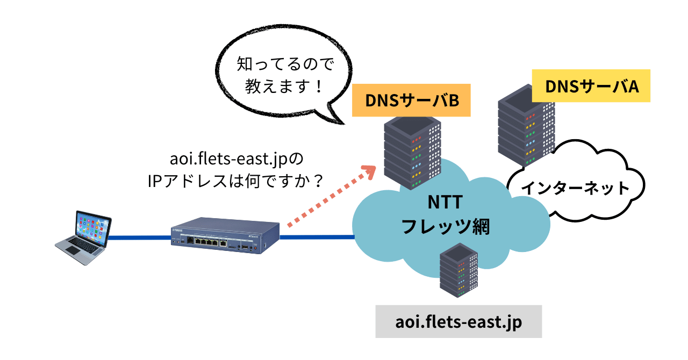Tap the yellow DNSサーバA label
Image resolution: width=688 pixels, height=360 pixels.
click(591, 86)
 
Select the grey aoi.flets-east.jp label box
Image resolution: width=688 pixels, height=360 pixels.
click(458, 322)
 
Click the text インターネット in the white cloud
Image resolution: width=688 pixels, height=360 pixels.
click(576, 188)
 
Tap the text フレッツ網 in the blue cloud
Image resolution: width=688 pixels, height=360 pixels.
click(446, 226)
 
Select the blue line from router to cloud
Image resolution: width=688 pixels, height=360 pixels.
click(317, 236)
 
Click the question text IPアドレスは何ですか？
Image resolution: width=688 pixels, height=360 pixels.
click(236, 182)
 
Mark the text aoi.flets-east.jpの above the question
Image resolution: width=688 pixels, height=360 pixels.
click(236, 160)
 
